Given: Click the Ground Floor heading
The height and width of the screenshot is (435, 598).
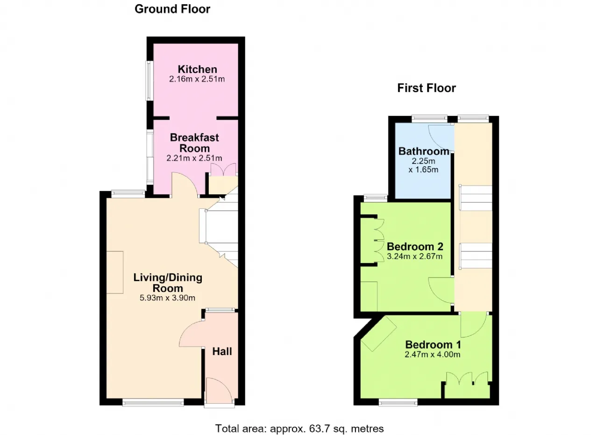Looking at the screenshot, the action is (172, 9).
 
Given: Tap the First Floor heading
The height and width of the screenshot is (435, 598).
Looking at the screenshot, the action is (427, 88).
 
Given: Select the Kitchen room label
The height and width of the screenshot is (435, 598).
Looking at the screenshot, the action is (197, 70).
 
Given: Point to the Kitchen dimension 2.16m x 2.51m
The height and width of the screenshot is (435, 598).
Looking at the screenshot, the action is (197, 79).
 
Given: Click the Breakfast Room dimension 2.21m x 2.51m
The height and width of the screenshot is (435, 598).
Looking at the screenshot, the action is (194, 158).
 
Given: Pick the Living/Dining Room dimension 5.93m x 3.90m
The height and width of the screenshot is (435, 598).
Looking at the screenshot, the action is (167, 298).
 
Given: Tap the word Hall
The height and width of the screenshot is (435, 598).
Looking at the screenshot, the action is (222, 351).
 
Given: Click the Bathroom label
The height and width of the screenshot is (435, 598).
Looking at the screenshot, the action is (424, 151).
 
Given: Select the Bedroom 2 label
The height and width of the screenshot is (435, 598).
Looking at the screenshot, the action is (415, 247).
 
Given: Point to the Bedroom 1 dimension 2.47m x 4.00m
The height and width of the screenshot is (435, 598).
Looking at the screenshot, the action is (433, 354).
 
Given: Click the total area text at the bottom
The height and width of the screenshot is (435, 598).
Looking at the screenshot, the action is (299, 428).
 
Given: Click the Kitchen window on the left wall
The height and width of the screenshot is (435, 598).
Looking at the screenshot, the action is (149, 81).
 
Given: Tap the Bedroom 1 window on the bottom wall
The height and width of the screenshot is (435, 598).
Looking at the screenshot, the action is (398, 402).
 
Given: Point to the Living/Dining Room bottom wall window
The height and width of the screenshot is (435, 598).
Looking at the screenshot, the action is (153, 402).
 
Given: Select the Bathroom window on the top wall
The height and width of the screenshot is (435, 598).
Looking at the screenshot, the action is (429, 119).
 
